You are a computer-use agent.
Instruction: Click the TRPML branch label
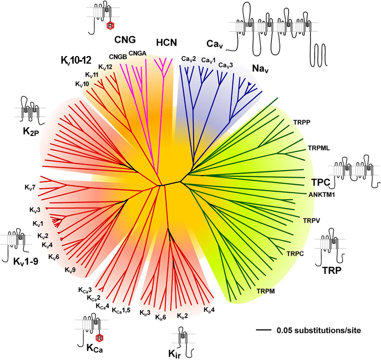coord(319,148)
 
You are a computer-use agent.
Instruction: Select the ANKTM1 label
coord(322,194)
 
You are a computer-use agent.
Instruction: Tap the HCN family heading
coord(166,43)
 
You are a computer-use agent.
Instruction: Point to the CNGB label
coord(118,57)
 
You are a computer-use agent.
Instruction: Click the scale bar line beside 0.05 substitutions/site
coord(264,330)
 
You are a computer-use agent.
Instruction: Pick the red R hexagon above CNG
coord(110,25)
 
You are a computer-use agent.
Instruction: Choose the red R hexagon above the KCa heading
coord(99,338)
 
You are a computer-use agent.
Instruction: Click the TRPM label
coord(266,291)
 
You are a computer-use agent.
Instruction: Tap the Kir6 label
coord(161,317)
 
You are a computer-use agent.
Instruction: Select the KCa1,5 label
coord(121,310)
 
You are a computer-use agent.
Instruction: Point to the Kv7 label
coord(30,187)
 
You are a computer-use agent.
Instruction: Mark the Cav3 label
coord(225,65)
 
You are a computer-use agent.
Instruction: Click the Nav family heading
coord(260,69)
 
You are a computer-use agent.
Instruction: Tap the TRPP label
coord(302,122)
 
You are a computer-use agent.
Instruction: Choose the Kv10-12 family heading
coord(76,61)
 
